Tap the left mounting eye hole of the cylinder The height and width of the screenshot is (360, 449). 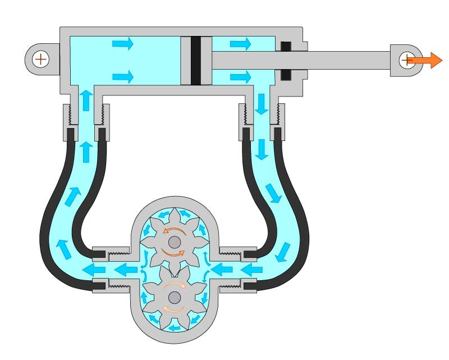tap(40, 58)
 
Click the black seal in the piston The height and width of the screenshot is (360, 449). tap(196, 61)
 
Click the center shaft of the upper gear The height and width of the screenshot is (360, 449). tap(173, 242)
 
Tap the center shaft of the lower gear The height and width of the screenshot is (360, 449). tap(173, 298)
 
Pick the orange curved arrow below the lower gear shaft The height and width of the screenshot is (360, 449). tap(173, 309)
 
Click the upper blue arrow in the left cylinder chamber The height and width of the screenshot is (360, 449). tap(122, 43)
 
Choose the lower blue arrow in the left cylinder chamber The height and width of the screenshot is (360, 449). tap(122, 76)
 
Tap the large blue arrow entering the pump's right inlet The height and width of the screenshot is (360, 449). tap(223, 270)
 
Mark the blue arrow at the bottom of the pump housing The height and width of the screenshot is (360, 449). tap(173, 327)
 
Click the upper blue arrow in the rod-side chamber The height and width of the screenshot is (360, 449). tap(240, 43)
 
